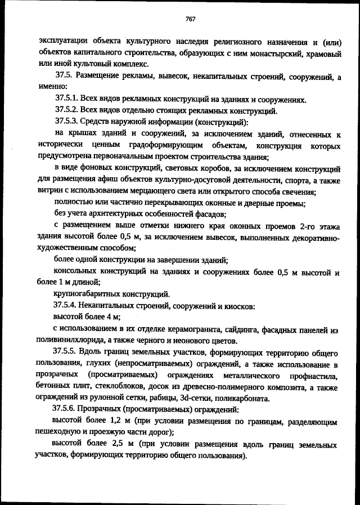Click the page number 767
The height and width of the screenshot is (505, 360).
(190, 19)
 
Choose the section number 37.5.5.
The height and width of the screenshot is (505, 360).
(66, 354)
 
